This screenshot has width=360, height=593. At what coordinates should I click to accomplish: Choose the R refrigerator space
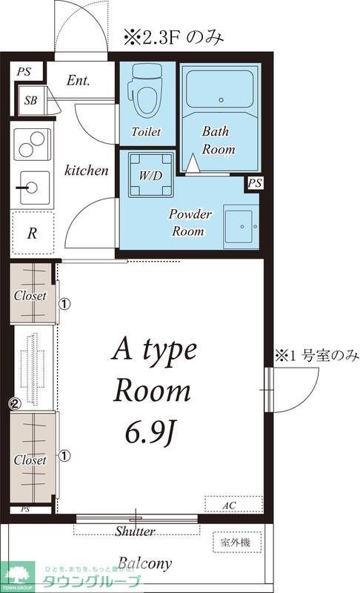pos(32,233)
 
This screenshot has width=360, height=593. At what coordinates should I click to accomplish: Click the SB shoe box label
pos(30,100)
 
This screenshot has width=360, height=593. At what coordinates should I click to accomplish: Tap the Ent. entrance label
pos(78,80)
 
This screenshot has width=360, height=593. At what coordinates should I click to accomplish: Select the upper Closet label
pos(30,296)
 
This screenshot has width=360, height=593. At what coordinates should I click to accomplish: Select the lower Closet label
pos(30,460)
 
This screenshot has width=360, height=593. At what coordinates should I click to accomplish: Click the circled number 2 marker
pos(13,404)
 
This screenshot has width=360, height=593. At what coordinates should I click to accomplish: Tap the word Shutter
pos(136,531)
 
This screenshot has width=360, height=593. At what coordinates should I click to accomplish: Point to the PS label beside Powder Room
pos(255,183)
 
